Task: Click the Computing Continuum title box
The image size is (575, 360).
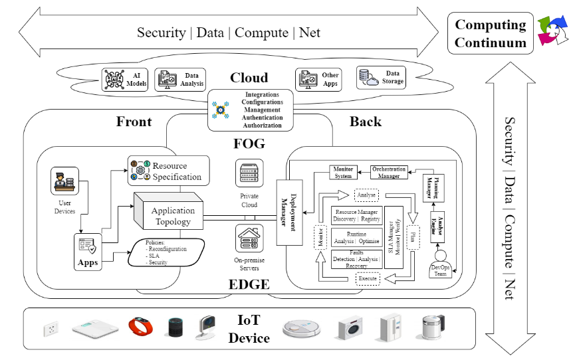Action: click(490, 34)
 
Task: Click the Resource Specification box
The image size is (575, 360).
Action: click(169, 171)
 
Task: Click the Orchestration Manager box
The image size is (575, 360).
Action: click(389, 173)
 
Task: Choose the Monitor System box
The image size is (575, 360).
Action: click(343, 172)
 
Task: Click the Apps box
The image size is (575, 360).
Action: click(88, 252)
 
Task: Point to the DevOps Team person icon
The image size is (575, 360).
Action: click(441, 256)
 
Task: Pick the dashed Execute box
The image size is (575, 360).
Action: click(368, 279)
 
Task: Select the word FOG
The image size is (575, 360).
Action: click(249, 144)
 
